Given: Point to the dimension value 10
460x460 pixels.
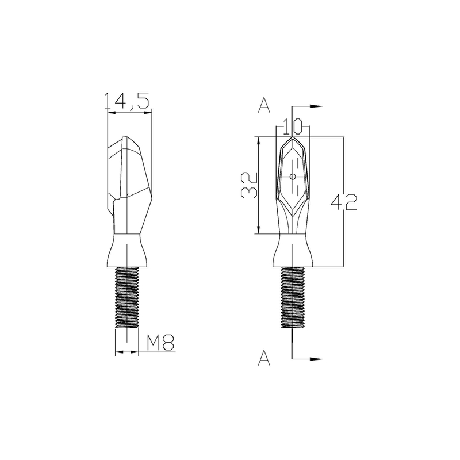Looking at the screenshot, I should (x=293, y=124).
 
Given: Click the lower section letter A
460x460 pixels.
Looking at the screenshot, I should (x=264, y=359).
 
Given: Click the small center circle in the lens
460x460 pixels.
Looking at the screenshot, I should (x=293, y=177).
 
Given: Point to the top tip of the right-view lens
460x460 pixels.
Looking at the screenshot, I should (x=293, y=138).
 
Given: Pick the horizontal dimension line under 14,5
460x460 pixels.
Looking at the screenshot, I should (x=130, y=113).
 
